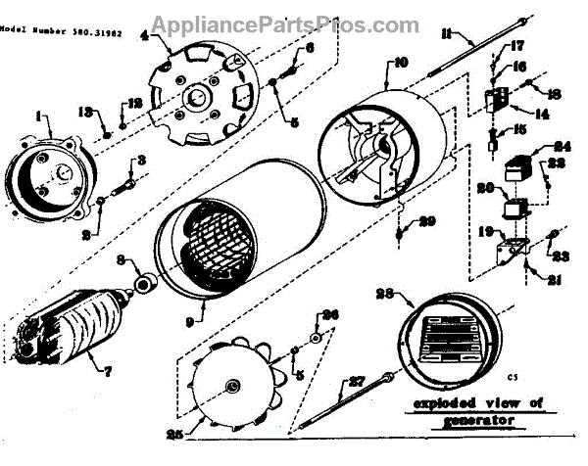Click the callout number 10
pyautogui.click(x=401, y=64)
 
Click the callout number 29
pyautogui.click(x=428, y=222)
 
